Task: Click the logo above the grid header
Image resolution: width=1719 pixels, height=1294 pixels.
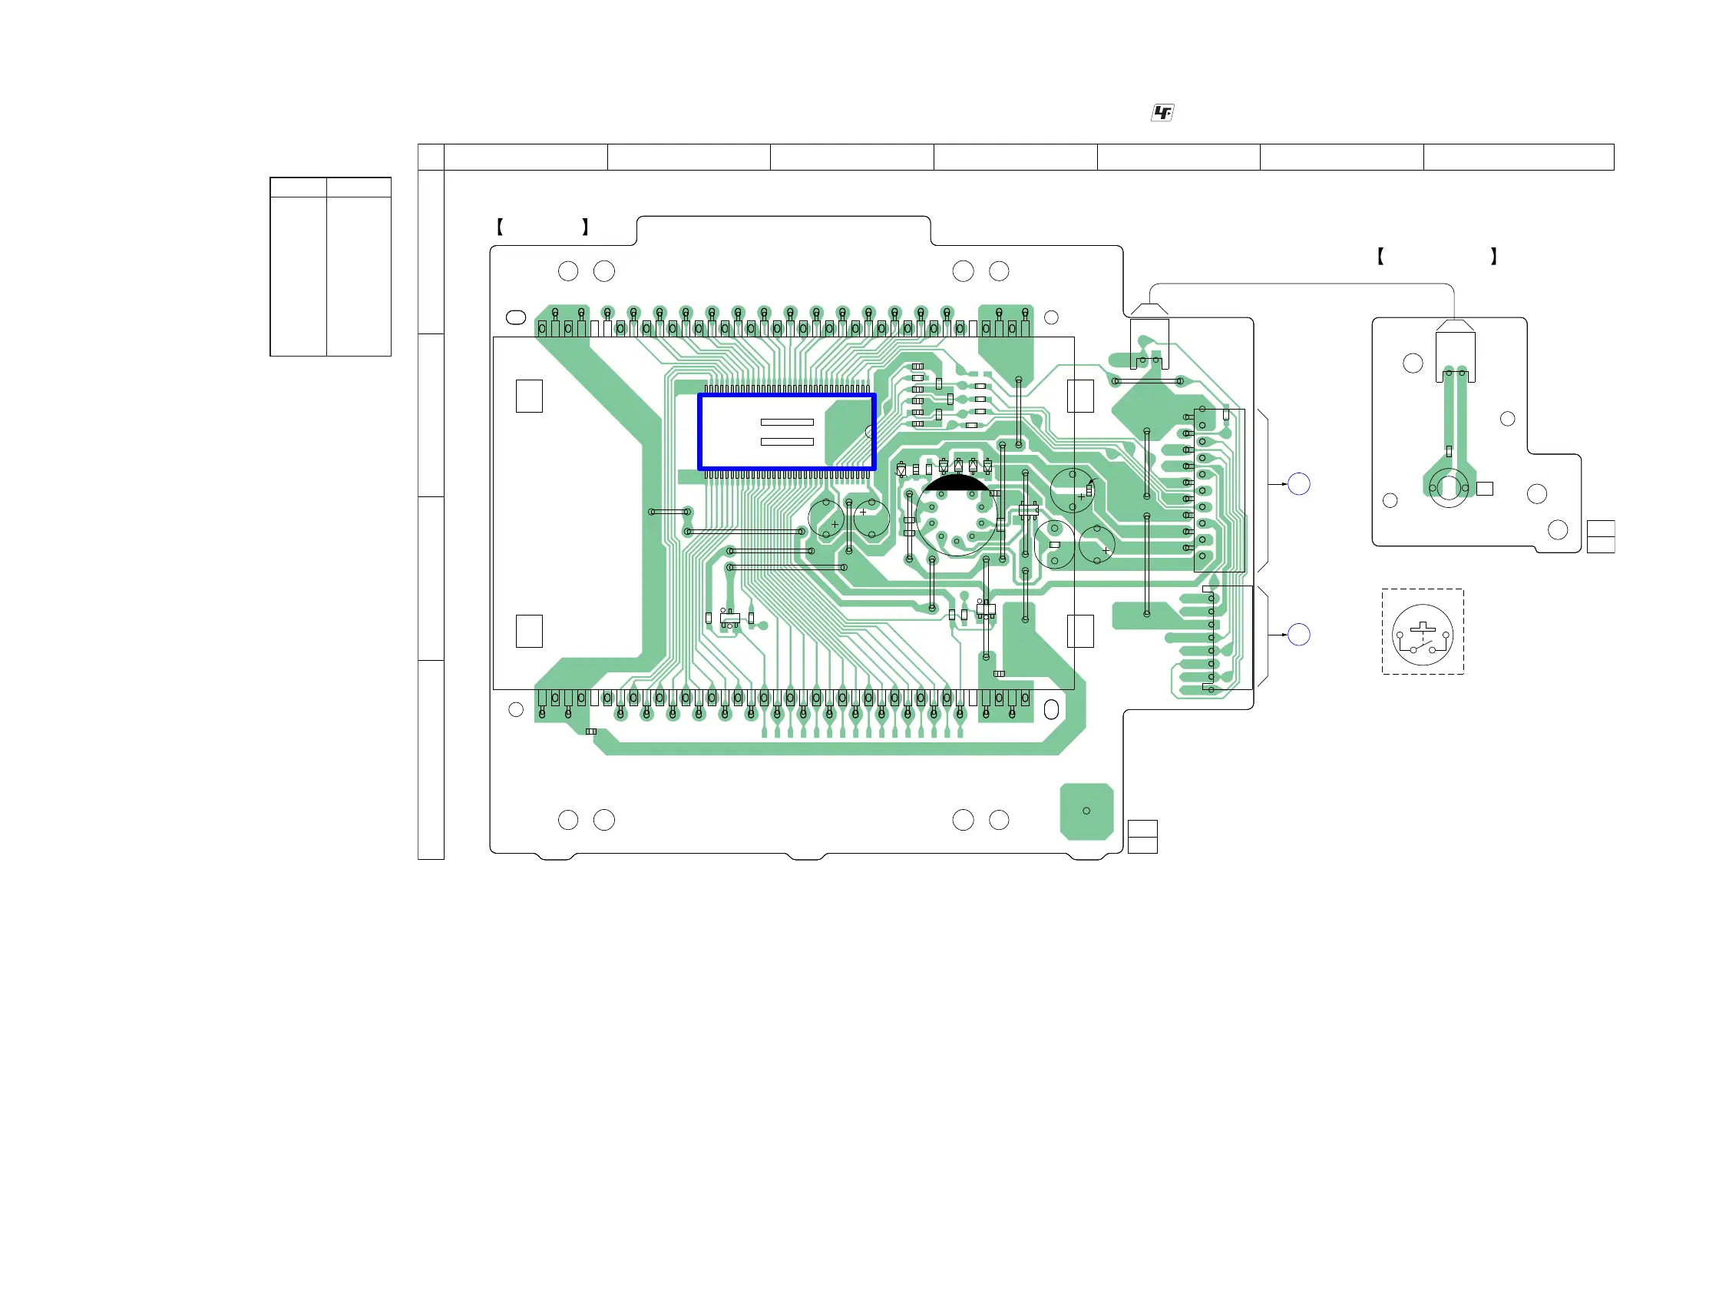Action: (x=1162, y=114)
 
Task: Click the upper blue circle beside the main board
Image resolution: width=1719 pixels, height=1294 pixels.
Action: (x=1298, y=484)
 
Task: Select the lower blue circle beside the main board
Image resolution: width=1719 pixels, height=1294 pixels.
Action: (x=1298, y=635)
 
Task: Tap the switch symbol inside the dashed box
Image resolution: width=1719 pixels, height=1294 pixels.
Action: (x=1422, y=635)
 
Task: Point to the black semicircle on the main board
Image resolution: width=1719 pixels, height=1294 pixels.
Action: (x=956, y=483)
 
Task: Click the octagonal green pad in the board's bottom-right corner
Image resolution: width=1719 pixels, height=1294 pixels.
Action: (x=1086, y=811)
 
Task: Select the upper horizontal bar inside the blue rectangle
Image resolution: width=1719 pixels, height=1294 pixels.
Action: (x=786, y=423)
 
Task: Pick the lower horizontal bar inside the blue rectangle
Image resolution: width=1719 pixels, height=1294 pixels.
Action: (x=786, y=442)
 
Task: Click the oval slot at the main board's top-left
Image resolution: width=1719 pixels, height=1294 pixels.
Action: (x=516, y=317)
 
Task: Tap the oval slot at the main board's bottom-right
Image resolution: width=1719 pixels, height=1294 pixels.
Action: (x=1051, y=709)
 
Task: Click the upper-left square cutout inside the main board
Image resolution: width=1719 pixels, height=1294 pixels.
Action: (x=529, y=396)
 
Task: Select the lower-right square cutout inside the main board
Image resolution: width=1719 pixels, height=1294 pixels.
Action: (x=1080, y=632)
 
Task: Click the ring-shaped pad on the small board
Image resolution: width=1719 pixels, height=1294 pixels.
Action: (x=1449, y=488)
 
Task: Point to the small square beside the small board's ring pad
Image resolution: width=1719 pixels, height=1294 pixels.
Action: (x=1484, y=489)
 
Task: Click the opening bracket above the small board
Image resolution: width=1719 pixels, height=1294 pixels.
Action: (x=1380, y=257)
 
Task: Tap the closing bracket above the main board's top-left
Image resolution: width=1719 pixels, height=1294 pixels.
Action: (x=585, y=227)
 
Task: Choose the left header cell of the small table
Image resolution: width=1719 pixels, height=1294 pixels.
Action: (x=299, y=187)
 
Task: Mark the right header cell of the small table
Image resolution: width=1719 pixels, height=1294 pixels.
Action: (x=359, y=187)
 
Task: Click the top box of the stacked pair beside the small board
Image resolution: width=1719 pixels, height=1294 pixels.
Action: (x=1600, y=529)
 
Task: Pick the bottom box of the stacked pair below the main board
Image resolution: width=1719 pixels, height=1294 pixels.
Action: (x=1142, y=845)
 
